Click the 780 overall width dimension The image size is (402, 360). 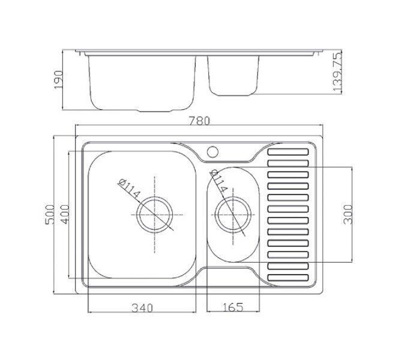200,121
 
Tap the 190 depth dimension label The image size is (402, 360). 59,80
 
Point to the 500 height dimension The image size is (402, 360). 50,214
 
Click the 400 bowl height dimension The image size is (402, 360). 65,214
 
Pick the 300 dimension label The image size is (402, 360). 348,214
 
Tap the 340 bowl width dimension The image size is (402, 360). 142,308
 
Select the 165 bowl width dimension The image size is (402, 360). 233,307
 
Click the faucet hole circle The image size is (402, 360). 212,152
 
